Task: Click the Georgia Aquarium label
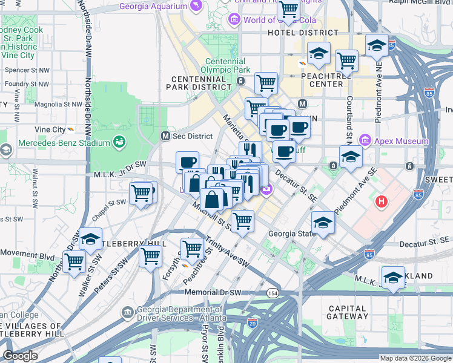154,7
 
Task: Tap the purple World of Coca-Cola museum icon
234,21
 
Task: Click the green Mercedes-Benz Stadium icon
120,143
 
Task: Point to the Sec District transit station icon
164,136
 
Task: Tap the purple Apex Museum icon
365,141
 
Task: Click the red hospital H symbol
381,201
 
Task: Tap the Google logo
19,355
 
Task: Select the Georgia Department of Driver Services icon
127,312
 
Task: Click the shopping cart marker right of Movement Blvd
74,261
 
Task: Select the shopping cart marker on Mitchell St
242,221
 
